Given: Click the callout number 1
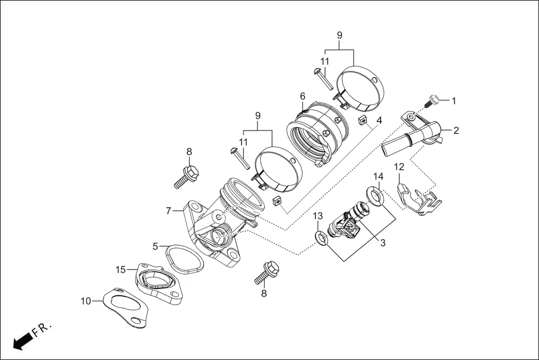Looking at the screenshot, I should [454, 101].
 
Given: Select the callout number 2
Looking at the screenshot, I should [456, 131].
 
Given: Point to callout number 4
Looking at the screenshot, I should [379, 121].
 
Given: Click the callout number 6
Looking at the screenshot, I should [302, 96].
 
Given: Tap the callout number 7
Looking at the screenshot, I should [168, 211].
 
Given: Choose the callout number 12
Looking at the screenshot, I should [399, 166].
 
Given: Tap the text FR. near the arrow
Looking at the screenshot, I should [41, 328].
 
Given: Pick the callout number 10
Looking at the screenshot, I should [85, 301].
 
